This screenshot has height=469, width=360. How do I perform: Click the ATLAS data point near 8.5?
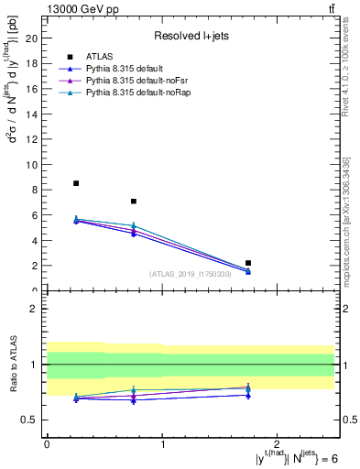[x=76, y=183]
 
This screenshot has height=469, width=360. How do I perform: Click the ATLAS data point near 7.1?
[x=134, y=201]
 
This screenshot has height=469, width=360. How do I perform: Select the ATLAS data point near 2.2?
[x=248, y=263]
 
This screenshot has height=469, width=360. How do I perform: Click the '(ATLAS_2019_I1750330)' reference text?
[x=191, y=274]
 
